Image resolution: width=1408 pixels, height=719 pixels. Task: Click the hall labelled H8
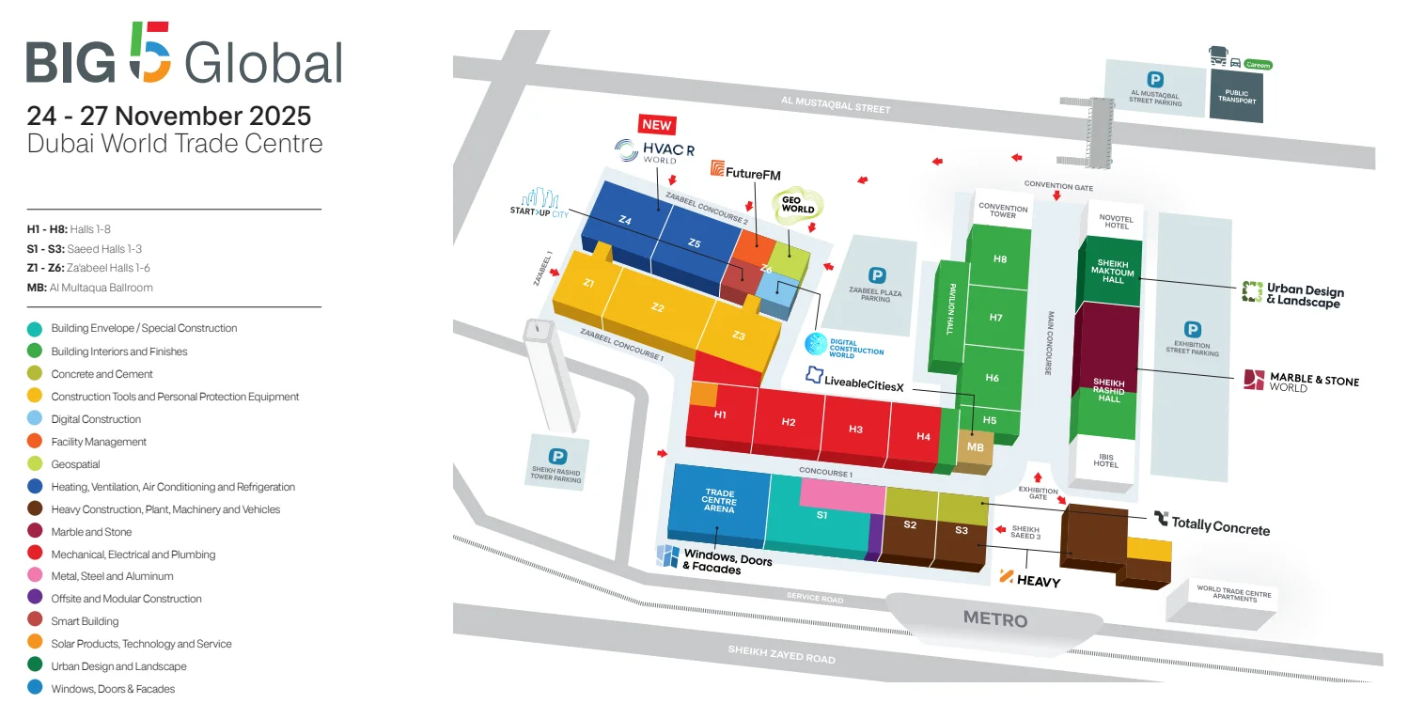pyautogui.click(x=999, y=258)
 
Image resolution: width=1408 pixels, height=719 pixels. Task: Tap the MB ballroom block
pyautogui.click(x=975, y=446)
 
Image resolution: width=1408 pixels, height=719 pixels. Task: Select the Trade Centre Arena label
pyautogui.click(x=719, y=501)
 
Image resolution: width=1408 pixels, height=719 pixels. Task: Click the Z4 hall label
pyautogui.click(x=625, y=220)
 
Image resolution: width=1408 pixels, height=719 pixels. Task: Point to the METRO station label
pyautogui.click(x=995, y=619)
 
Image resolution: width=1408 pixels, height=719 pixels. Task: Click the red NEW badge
pyautogui.click(x=657, y=124)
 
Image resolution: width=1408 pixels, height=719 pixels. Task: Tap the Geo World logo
pyautogui.click(x=797, y=205)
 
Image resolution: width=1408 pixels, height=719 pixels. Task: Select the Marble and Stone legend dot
pyautogui.click(x=35, y=531)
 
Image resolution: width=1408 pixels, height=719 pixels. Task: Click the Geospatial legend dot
pyautogui.click(x=35, y=464)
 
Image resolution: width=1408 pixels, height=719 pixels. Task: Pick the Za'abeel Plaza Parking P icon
pyautogui.click(x=877, y=275)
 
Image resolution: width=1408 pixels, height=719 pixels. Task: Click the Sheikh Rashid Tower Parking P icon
pyautogui.click(x=557, y=456)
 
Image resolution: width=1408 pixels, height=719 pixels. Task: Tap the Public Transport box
pyautogui.click(x=1236, y=96)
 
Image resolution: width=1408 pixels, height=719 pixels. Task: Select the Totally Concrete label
pyautogui.click(x=1212, y=524)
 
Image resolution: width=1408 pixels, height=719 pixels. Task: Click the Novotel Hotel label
pyautogui.click(x=1117, y=222)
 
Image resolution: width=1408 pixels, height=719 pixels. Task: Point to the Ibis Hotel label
pyautogui.click(x=1105, y=461)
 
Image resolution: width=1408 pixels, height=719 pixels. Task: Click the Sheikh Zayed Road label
pyautogui.click(x=781, y=654)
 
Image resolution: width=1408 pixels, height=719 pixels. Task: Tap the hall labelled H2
pyautogui.click(x=789, y=422)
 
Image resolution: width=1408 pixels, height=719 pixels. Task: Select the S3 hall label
pyautogui.click(x=962, y=530)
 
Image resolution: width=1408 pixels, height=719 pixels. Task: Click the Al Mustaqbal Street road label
pyautogui.click(x=836, y=104)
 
